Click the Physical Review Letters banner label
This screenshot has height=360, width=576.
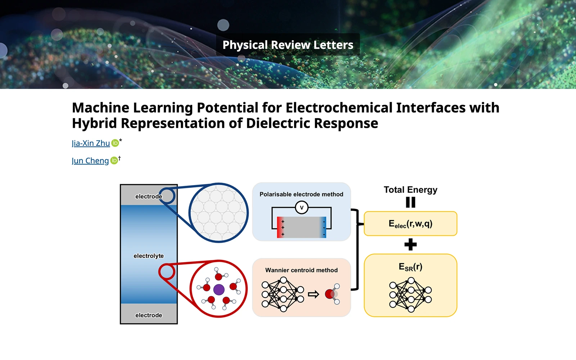[x=288, y=45]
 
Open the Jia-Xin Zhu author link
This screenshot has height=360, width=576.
[x=91, y=143]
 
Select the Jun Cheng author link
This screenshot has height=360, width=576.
[x=90, y=161]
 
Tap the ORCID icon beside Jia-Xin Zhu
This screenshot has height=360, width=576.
[x=115, y=143]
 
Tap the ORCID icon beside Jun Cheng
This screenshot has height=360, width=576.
[x=114, y=161]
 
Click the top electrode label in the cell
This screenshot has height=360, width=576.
[x=148, y=197]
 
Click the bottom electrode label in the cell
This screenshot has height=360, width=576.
[x=148, y=315]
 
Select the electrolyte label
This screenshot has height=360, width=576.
[x=148, y=256]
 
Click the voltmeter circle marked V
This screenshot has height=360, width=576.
[x=301, y=207]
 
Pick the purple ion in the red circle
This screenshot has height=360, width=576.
[x=219, y=289]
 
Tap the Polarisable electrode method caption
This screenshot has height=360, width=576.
[x=301, y=194]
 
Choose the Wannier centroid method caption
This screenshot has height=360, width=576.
[x=301, y=270]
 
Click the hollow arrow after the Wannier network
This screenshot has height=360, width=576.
[x=314, y=294]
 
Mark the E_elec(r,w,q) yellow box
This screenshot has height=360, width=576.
[x=410, y=224]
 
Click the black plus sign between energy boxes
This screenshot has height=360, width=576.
[x=410, y=245]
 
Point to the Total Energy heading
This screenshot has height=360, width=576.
[x=410, y=190]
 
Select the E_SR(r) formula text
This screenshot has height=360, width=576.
[x=410, y=267]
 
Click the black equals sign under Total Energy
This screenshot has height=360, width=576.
[x=410, y=202]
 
